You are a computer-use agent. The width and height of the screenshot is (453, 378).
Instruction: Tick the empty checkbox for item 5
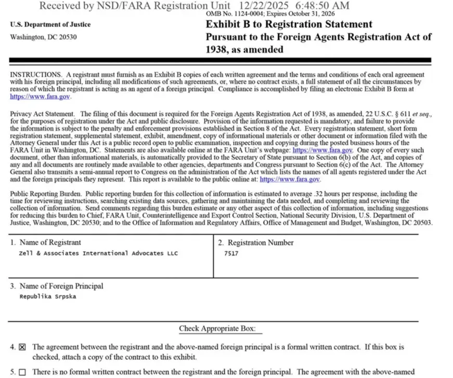point(22,372)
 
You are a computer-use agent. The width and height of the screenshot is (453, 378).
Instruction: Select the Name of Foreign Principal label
point(61,286)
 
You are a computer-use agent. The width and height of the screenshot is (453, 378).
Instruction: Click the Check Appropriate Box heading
point(221,329)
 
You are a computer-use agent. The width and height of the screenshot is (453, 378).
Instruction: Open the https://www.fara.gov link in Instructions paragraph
point(40,97)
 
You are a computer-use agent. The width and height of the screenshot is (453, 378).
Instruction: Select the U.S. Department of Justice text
point(50,24)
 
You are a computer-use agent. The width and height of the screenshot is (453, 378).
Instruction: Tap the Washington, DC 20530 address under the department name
point(43,37)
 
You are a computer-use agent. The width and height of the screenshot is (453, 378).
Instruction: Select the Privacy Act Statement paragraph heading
point(43,114)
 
